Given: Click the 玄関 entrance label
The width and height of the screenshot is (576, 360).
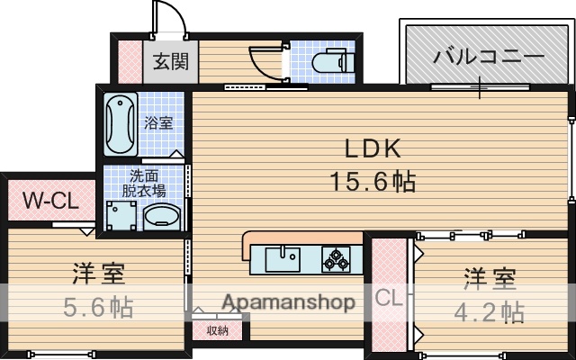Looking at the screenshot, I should [168, 62].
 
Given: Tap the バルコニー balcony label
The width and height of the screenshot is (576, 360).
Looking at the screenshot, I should [489, 56].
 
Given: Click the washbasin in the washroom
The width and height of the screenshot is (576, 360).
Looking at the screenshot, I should [163, 217].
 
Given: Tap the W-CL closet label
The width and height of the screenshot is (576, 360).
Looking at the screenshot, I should [49, 200].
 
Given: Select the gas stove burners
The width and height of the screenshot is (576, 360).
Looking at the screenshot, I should [337, 259].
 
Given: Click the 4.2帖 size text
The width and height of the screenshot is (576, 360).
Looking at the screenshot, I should [489, 311].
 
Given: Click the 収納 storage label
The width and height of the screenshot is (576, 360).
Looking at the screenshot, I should [217, 329].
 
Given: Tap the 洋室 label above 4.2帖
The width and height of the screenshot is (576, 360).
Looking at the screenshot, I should [490, 278].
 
